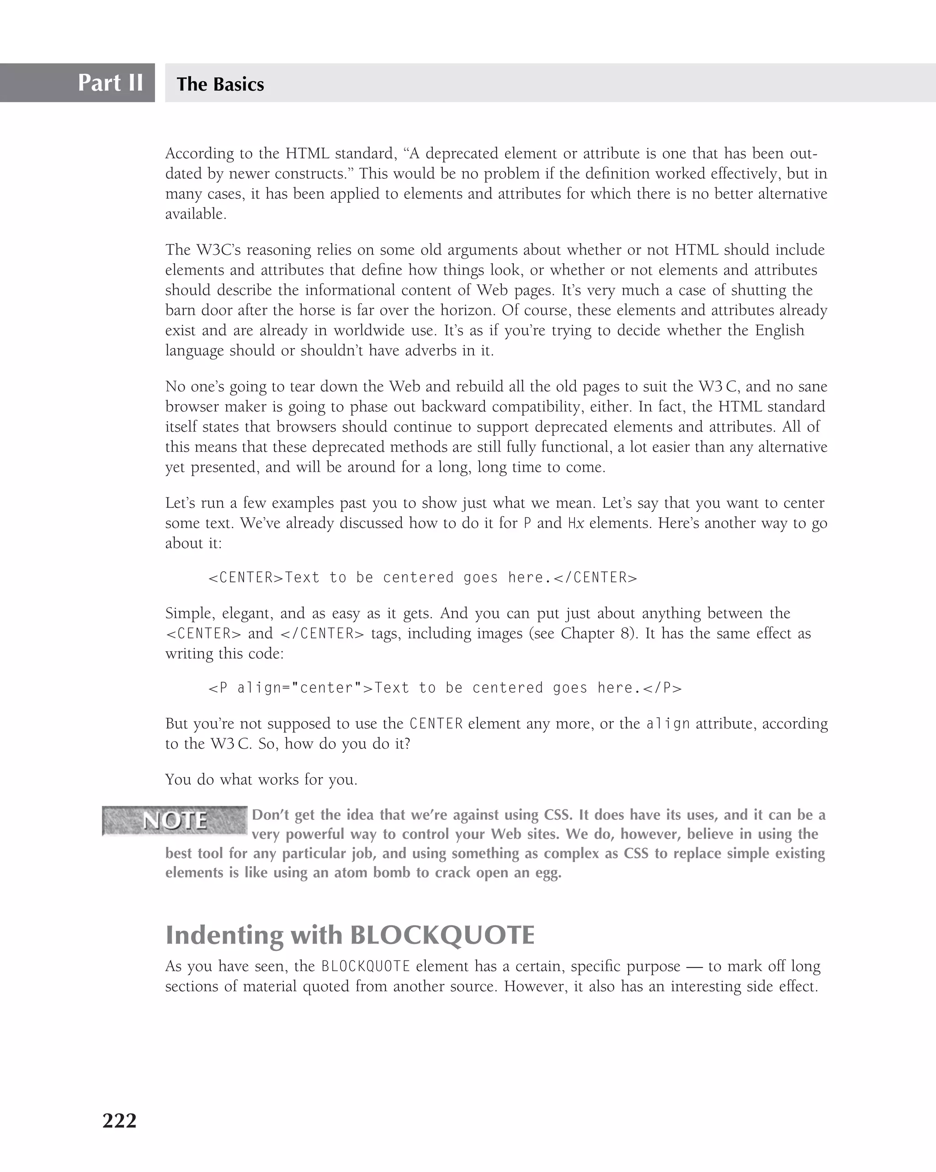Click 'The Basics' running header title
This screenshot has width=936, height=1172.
pyautogui.click(x=220, y=84)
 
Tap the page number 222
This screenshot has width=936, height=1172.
pyautogui.click(x=120, y=1120)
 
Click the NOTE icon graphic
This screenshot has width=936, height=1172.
pyautogui.click(x=175, y=820)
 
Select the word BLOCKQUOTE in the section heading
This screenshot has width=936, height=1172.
pyautogui.click(x=442, y=935)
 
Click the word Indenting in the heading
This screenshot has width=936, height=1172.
pyautogui.click(x=224, y=935)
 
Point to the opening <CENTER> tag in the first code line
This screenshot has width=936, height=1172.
pyautogui.click(x=246, y=577)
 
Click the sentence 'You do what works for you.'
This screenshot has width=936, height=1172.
pyautogui.click(x=261, y=780)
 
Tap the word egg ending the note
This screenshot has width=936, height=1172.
pyautogui.click(x=549, y=873)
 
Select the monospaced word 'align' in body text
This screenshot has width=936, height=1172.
pyautogui.click(x=668, y=724)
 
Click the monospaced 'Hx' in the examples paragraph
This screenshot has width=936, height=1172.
pyautogui.click(x=575, y=523)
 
